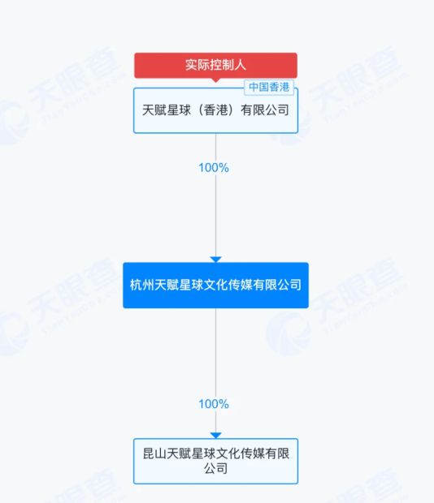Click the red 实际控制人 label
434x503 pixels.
[x=215, y=66]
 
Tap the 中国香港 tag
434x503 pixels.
[x=269, y=87]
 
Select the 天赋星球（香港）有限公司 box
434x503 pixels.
[x=215, y=110]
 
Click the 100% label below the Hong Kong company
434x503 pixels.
[x=214, y=168]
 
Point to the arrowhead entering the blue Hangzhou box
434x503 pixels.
[x=215, y=259]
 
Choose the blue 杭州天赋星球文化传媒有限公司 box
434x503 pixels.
[x=215, y=286]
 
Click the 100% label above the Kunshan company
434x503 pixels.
[x=214, y=404]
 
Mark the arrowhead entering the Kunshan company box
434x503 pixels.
[x=215, y=436]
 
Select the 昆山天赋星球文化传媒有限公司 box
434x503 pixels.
[x=215, y=461]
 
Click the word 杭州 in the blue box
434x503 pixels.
[x=142, y=285]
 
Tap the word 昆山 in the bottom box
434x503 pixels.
[x=155, y=454]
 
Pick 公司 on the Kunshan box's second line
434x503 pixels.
[x=215, y=468]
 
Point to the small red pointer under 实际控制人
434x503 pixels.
[x=215, y=80]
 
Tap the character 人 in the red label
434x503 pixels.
[x=240, y=65]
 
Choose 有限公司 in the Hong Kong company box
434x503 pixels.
[x=265, y=110]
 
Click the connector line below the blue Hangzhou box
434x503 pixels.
[x=215, y=371]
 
